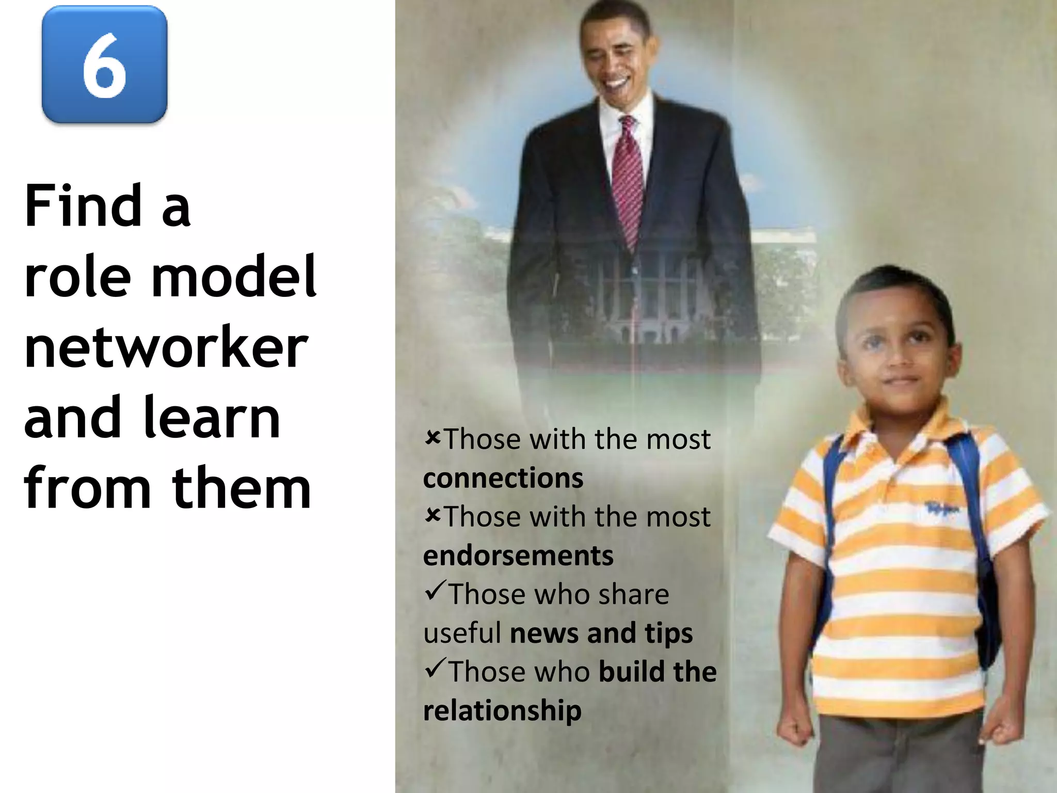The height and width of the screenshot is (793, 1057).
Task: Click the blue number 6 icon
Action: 104,65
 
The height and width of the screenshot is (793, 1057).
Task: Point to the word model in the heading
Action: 233,276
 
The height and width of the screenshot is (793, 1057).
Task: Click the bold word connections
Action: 503,478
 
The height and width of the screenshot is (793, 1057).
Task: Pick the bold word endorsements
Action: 518,556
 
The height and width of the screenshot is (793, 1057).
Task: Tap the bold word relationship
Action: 502,710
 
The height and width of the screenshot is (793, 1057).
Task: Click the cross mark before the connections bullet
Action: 433,438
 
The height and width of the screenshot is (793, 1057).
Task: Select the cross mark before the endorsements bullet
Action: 433,515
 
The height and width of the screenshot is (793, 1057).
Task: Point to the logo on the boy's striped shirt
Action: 942,509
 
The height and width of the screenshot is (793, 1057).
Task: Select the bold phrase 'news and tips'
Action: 601,633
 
